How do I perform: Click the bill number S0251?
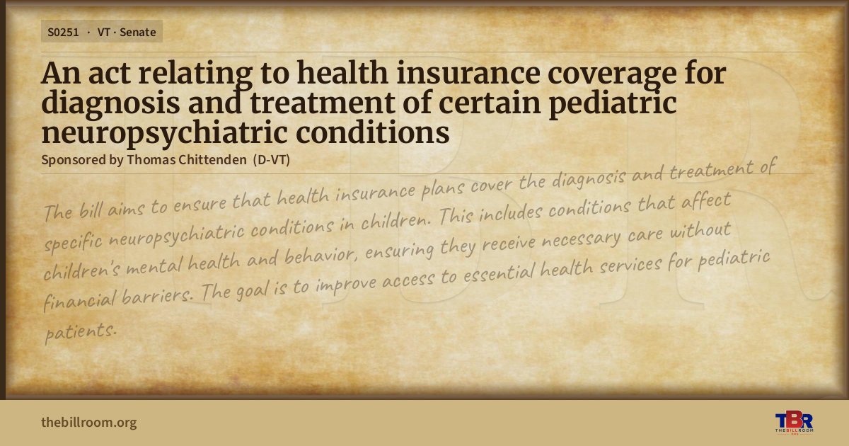(63, 33)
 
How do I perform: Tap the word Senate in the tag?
(137, 33)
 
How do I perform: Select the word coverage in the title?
(612, 74)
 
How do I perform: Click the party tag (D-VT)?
(272, 160)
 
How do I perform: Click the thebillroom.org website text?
(89, 422)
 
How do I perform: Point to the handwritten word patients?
(81, 332)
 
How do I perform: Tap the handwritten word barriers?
(157, 295)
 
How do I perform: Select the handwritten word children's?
(82, 270)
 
